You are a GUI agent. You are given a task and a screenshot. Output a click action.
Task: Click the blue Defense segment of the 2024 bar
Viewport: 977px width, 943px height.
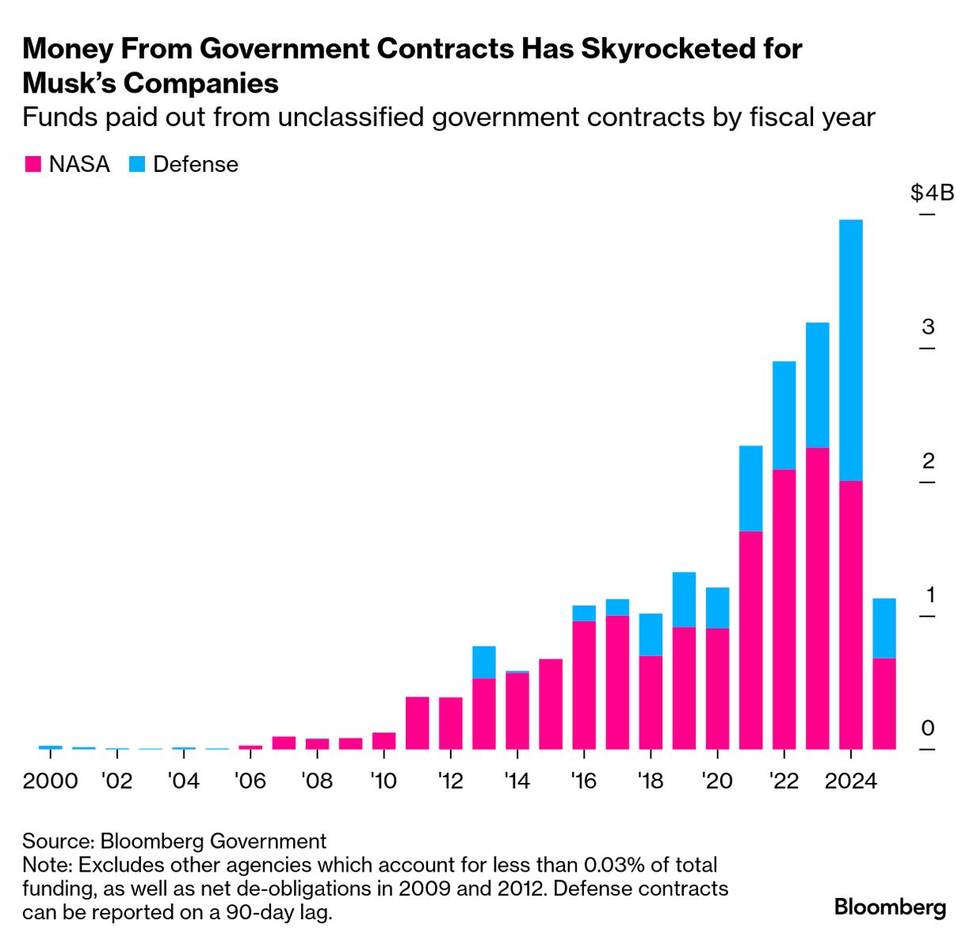(850, 349)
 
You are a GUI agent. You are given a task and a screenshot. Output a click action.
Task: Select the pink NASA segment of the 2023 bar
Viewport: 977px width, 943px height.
(817, 598)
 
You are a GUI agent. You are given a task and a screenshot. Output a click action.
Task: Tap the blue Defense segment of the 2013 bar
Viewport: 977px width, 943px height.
(483, 662)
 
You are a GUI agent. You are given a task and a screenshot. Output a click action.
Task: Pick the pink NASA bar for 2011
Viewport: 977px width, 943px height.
(417, 723)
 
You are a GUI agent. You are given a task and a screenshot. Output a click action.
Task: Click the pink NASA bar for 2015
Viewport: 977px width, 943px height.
(551, 704)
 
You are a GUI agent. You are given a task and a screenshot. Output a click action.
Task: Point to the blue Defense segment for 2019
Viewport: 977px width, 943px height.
(684, 599)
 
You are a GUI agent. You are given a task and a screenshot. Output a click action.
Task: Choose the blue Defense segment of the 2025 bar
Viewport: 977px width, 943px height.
(883, 628)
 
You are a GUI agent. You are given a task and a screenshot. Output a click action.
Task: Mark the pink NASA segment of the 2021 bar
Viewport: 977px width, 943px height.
(750, 639)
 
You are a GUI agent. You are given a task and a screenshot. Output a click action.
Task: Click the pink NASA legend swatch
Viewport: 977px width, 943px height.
(32, 165)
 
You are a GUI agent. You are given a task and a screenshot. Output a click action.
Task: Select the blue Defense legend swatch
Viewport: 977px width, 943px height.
(137, 165)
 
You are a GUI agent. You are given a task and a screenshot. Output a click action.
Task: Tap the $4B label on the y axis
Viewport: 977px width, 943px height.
(932, 193)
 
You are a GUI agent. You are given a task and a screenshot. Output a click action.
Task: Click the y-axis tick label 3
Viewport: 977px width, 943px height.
(928, 326)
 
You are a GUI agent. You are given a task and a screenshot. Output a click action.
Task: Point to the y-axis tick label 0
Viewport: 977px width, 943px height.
(928, 727)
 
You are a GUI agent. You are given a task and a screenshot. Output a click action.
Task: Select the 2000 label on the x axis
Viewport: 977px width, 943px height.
(50, 781)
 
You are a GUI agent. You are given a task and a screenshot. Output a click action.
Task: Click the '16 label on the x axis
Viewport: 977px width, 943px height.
(583, 781)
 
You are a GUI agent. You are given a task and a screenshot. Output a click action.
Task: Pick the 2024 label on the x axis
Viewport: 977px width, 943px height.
(850, 781)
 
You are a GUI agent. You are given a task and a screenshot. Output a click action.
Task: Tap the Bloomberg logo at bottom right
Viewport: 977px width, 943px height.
(890, 907)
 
